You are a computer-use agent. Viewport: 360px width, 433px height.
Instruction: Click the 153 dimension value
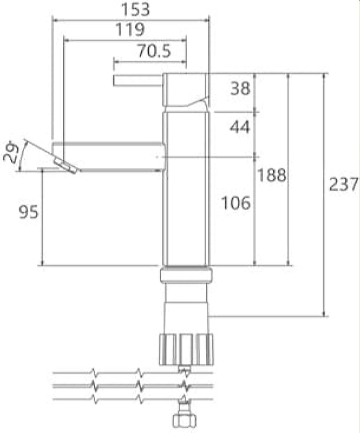coord(136,10)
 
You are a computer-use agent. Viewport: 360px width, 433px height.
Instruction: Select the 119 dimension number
coord(130,29)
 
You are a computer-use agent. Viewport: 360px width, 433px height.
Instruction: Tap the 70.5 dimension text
coord(154,51)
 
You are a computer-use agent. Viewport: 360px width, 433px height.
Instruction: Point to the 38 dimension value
coord(240,88)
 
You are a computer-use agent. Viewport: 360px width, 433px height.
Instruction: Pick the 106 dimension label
coord(236,203)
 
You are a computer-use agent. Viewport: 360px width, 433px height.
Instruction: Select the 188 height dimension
coord(272,175)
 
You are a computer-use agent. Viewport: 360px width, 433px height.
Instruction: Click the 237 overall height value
coord(344,184)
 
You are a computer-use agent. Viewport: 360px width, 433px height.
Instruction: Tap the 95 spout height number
coord(29,212)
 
